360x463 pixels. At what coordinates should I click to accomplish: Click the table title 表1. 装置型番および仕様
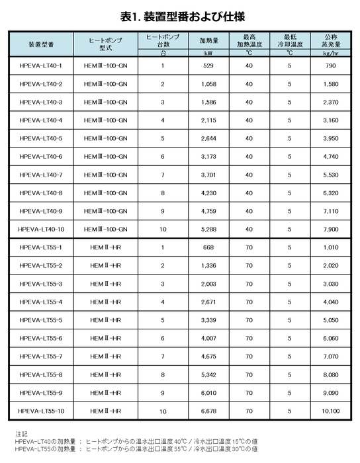179,14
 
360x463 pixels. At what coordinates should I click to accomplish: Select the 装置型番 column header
41,44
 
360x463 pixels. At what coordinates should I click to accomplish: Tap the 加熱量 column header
209,40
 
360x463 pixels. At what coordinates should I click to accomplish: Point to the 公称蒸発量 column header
332,40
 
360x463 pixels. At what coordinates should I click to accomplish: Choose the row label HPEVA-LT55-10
41,411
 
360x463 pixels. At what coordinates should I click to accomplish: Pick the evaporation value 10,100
332,411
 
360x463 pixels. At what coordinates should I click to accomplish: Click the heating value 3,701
209,175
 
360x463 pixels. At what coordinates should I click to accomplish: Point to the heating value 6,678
209,411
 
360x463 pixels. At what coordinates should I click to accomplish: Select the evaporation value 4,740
332,157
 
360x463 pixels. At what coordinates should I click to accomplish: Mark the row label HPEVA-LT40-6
41,157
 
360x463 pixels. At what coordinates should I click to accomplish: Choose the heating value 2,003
209,284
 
